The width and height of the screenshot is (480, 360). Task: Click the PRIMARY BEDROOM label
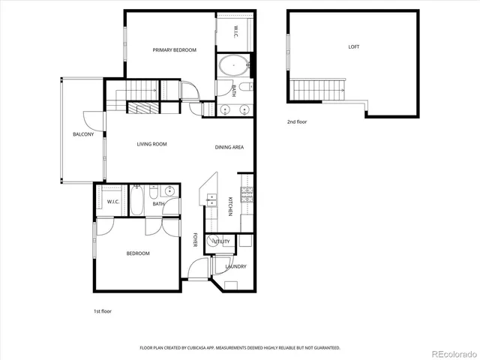click(174, 50)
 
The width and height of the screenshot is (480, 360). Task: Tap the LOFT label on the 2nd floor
click(353, 46)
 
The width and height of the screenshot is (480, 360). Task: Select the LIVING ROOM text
click(151, 144)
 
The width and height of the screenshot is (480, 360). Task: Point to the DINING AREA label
click(229, 147)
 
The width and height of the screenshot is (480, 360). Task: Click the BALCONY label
click(83, 134)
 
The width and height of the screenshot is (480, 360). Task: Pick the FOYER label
click(194, 240)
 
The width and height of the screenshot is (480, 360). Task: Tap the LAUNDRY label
click(235, 266)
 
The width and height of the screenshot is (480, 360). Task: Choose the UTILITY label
click(221, 241)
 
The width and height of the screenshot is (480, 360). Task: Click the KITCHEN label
click(230, 205)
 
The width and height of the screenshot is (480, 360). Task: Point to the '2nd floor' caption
click(297, 121)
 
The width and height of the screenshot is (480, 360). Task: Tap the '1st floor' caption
click(103, 310)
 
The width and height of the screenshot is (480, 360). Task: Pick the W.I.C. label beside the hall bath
click(113, 202)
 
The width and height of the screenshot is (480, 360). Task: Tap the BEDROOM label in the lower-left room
click(137, 253)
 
